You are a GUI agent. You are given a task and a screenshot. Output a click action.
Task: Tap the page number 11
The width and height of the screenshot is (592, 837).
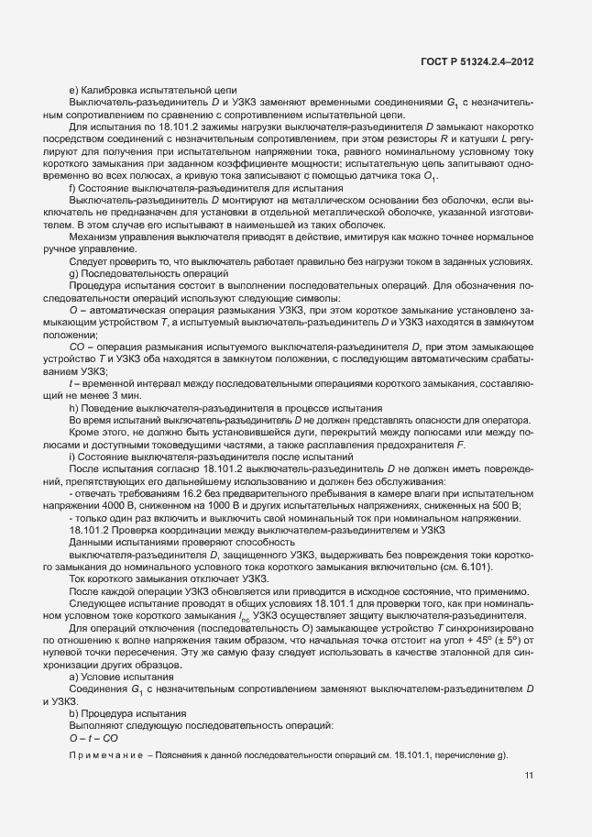click(529, 776)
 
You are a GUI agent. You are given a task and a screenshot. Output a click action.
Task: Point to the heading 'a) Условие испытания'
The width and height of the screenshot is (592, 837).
click(117, 675)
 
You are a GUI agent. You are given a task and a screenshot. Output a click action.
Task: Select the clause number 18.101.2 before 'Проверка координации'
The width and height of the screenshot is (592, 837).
click(90, 530)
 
